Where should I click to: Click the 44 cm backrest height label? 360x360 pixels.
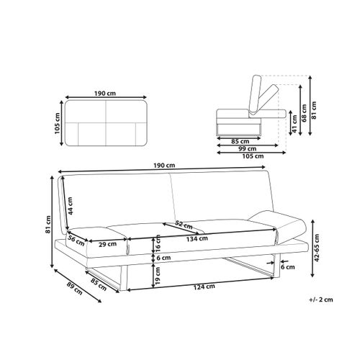tap(70, 206)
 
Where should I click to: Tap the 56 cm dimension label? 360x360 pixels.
tap(76, 240)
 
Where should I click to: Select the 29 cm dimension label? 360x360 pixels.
tap(108, 244)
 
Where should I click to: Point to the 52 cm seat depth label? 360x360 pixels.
tap(184, 225)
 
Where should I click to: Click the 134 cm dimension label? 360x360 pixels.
tap(197, 239)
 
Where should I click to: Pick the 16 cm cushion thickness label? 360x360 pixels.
tap(158, 243)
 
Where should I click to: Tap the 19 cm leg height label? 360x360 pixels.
tap(158, 276)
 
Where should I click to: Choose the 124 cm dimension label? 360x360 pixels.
tap(204, 287)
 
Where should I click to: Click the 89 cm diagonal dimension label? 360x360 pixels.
tap(74, 289)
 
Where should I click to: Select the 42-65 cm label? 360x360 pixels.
tap(317, 248)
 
